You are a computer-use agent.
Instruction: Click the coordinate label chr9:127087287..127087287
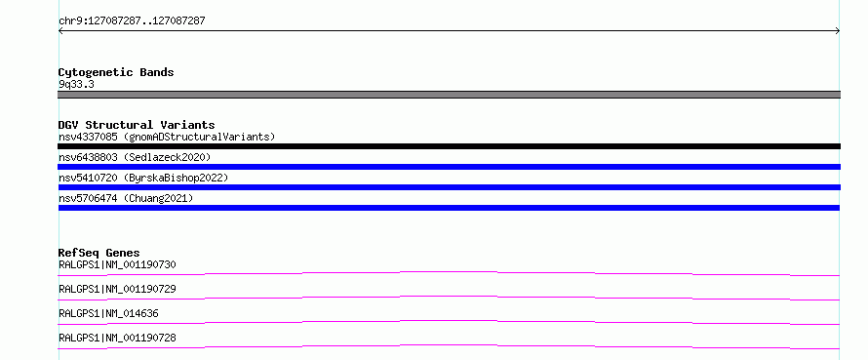coord(132,21)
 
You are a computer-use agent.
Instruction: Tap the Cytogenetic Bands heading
coord(116,72)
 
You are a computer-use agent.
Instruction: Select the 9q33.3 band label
coord(76,85)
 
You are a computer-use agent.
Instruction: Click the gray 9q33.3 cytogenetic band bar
coord(449,95)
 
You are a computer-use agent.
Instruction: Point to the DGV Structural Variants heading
coord(137,125)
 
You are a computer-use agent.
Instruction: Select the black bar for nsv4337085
coord(449,146)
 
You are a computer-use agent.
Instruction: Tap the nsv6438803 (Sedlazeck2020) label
coord(135,157)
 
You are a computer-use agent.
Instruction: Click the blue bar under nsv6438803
coord(449,167)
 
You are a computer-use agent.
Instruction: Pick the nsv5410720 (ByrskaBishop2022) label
coord(143,178)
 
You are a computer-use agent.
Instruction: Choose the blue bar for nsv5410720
coord(449,187)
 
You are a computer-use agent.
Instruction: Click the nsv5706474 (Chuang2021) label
coord(126,198)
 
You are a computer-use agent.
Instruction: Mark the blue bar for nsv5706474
coord(449,208)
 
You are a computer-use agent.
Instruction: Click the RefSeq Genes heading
coord(99,253)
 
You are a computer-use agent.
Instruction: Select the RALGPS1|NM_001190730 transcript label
coord(117,264)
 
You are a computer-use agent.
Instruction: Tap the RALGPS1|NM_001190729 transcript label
coord(117,289)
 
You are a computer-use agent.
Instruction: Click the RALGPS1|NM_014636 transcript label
coord(108,313)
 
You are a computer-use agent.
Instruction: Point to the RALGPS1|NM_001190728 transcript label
coord(117,338)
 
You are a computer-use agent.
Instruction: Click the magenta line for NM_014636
coord(449,321)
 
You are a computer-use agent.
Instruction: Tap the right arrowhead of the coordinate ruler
coord(839,31)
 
